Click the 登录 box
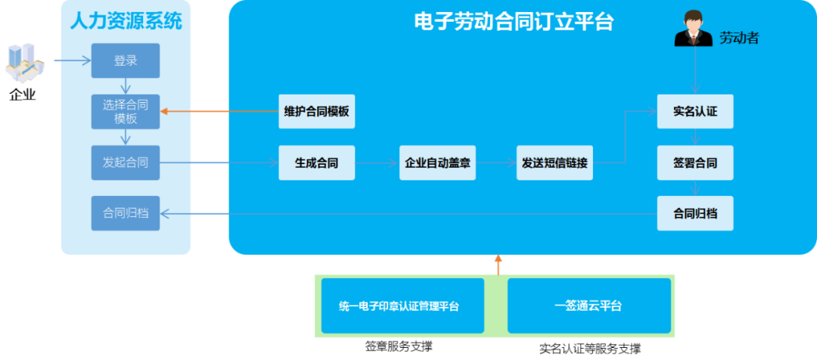(126, 61)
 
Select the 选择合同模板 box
(126, 112)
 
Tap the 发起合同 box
(126, 163)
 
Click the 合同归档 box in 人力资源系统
(126, 213)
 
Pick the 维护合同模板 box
(316, 112)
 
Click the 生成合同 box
(316, 163)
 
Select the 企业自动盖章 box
(437, 163)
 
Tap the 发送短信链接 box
(555, 163)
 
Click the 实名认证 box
(695, 112)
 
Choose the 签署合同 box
(695, 163)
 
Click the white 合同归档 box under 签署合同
(695, 213)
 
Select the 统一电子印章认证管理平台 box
(402, 306)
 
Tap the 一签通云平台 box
(589, 306)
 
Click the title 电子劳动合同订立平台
(514, 22)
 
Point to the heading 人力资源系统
(126, 20)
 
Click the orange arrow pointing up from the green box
(498, 264)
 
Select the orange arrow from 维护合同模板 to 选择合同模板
(219, 112)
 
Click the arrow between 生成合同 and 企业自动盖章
(377, 163)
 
